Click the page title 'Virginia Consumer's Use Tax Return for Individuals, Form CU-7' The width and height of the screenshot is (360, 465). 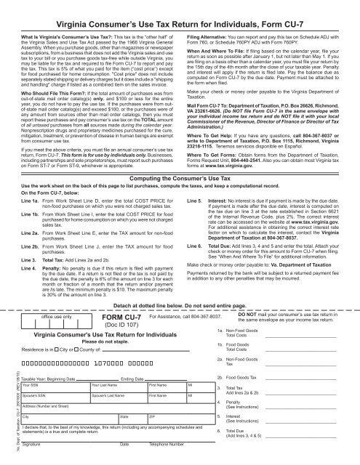(x=180, y=9)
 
